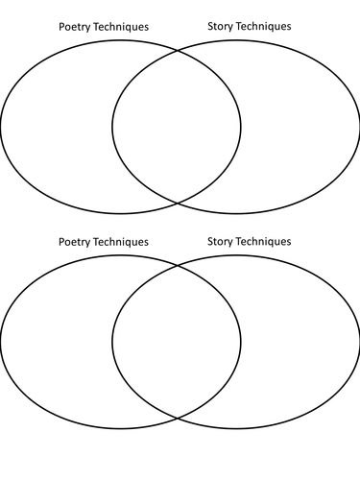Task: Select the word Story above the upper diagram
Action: [x=221, y=27]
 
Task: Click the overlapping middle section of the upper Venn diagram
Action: [x=177, y=125]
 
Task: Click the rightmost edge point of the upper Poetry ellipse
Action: [x=241, y=125]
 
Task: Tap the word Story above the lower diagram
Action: [x=221, y=242]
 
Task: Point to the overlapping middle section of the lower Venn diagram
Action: [x=177, y=341]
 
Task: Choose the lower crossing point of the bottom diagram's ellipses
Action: [x=178, y=418]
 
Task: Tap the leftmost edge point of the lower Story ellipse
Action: [x=112, y=341]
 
